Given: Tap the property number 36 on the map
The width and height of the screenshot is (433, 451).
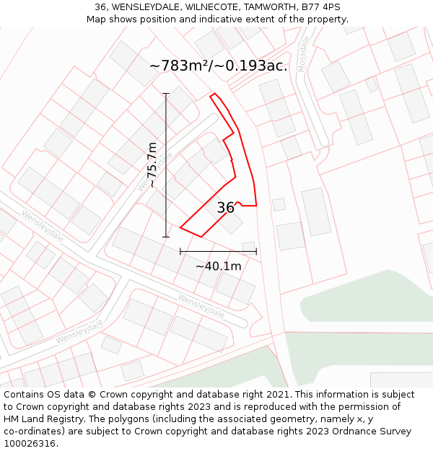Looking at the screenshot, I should coord(225,208).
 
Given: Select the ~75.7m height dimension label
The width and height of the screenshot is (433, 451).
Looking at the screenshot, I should coord(152,165).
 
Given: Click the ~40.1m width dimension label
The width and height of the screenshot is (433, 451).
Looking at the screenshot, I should coord(218,266).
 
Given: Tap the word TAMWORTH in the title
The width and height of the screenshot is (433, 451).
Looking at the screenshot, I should coord(269,7).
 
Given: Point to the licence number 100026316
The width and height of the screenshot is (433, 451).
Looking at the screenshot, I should coord(30,444).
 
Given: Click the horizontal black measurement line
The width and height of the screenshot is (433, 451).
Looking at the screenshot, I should coord(218,251).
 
